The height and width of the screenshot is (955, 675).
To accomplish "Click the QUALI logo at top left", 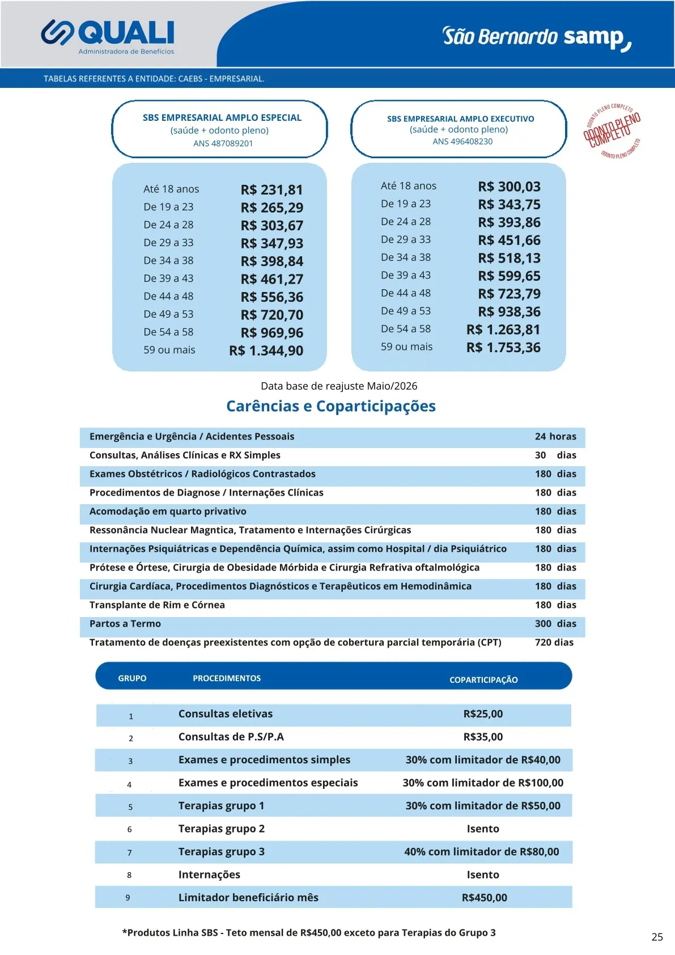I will pos(108,35).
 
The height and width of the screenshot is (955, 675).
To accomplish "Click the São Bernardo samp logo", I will pos(536,37).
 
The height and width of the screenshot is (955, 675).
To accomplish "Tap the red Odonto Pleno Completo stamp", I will pos(612,130).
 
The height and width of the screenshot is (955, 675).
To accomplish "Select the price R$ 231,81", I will pos(271,190).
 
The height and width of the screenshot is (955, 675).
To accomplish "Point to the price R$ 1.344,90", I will pos(266,351).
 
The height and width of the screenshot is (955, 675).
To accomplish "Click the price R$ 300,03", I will pos(509,187).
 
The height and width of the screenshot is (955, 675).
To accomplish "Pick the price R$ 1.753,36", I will pos(503,348).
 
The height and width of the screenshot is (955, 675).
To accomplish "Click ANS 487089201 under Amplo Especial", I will pos(223,143).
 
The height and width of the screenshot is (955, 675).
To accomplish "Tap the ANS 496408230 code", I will pos(462,142).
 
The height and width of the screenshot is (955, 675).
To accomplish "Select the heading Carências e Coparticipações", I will pos(331,406).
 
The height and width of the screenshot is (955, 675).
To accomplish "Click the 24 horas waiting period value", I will pos(555,437).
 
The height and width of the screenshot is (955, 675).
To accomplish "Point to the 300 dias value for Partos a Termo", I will pos(555,624).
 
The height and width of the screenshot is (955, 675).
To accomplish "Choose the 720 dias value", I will pos(554,643).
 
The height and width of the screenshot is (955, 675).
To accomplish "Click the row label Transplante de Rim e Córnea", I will pos(157,605).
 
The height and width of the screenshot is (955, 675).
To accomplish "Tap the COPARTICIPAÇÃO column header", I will pos(483,679).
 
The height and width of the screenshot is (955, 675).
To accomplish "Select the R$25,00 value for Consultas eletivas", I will pos(483,714).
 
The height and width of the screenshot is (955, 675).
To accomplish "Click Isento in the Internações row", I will pos(483,874).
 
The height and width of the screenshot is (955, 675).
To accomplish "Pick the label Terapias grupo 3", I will pos(222,852).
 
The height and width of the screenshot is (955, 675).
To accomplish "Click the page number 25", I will pos(657,937).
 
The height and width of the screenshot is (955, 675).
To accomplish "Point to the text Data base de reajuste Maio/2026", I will pos(339,386).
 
